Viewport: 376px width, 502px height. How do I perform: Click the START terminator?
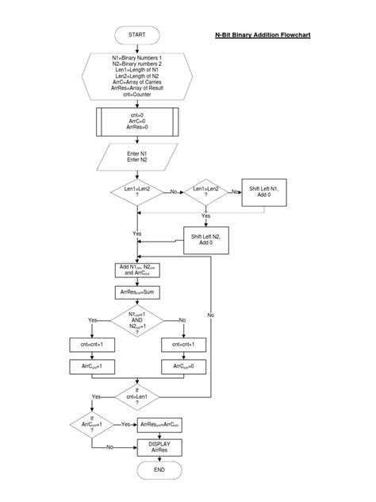pos(137,35)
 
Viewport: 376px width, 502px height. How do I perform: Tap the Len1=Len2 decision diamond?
pos(137,192)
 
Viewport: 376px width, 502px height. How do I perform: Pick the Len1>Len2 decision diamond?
pos(205,192)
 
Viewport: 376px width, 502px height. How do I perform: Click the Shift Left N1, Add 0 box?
pos(263,192)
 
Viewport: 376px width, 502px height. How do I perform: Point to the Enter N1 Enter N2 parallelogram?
pos(137,156)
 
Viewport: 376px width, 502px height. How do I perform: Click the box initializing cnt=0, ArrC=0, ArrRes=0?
pos(137,121)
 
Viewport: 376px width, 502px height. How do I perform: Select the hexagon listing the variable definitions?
pos(137,76)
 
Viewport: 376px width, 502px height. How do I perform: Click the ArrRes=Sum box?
pos(137,292)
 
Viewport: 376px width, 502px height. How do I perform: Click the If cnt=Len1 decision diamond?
pos(137,395)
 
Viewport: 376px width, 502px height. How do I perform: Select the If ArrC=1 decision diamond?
pos(92,424)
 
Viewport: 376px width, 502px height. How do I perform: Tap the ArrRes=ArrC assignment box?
pos(159,425)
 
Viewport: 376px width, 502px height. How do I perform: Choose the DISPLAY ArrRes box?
pos(159,447)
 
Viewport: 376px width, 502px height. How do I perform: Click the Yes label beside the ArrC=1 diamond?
pos(126,425)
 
